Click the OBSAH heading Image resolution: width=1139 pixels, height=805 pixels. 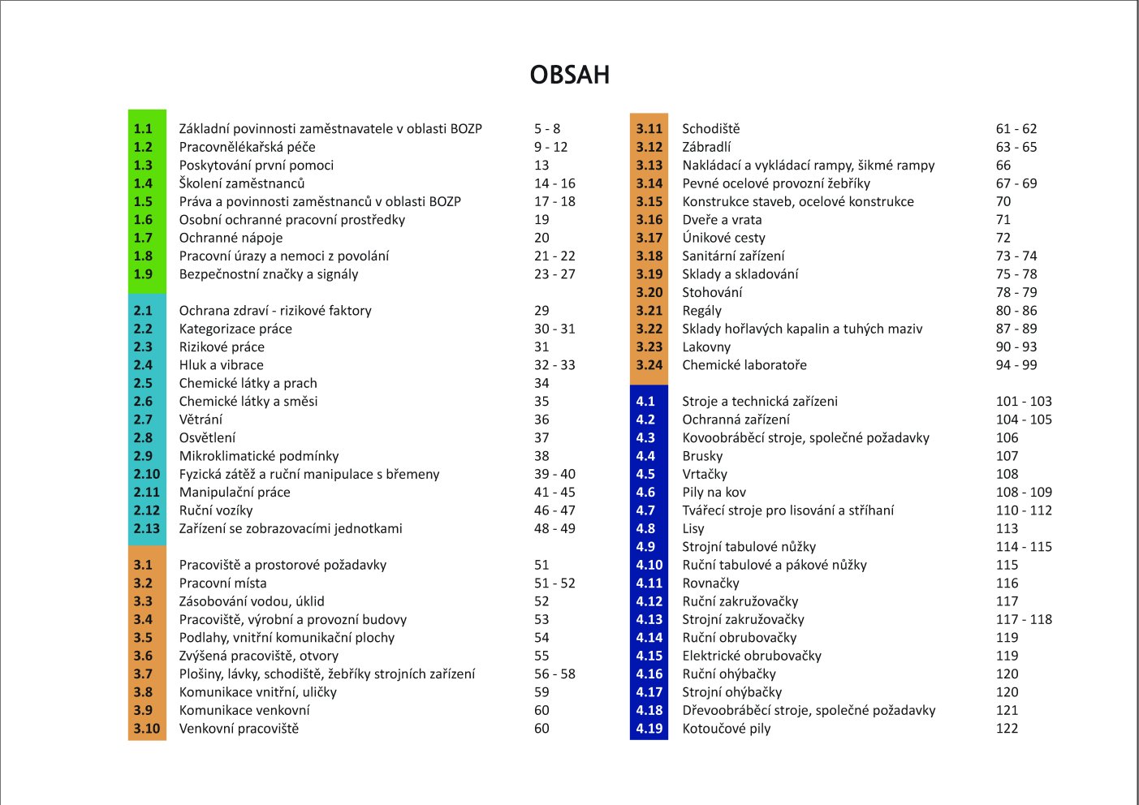coord(570,75)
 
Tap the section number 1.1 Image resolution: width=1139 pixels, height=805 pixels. coord(143,128)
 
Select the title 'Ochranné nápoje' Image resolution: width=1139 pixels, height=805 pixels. coord(231,238)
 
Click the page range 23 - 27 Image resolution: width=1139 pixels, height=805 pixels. coord(554,274)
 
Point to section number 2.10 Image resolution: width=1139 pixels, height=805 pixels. coord(146,474)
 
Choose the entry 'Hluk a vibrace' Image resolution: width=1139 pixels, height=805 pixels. coord(221,365)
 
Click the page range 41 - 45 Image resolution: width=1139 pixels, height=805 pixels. coord(554,492)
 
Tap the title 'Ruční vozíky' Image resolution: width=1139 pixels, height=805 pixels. coord(216,510)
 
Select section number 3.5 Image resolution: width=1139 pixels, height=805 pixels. coord(143,637)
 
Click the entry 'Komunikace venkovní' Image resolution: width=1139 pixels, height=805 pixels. coord(244,710)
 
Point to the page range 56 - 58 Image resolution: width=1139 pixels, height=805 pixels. coord(554,674)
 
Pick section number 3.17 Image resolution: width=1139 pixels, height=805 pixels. coord(649,238)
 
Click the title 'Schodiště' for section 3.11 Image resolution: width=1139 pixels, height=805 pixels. coord(711,128)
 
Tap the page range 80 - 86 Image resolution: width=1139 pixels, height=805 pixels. coord(1016,311)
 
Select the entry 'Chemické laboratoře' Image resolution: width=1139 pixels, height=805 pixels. coord(744,365)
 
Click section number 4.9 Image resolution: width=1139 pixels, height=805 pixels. coord(645,547)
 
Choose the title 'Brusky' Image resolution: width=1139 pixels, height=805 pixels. coord(702,456)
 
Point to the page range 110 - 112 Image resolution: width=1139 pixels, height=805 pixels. coord(1024,510)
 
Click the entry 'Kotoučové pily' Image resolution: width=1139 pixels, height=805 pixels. coord(726,728)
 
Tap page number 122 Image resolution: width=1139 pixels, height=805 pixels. coord(1007,728)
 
